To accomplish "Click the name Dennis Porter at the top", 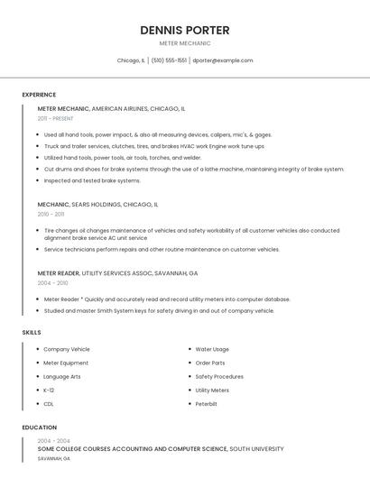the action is tap(185, 30).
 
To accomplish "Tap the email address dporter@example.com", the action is tap(222, 60).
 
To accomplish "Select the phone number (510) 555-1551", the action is tap(169, 60).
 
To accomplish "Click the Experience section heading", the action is tap(39, 95).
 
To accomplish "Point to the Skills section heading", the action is tap(32, 332).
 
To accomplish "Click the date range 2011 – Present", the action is tap(55, 118).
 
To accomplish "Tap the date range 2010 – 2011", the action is tap(51, 215).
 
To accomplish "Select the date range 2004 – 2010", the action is tap(52, 283).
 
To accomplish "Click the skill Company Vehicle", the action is tap(67, 349).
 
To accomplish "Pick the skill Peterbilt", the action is tap(207, 403).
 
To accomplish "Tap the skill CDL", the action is tap(49, 403).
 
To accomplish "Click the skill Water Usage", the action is tap(212, 349).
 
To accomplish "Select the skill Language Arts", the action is tap(62, 376).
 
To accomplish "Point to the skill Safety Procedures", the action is tap(219, 376).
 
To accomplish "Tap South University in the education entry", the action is tap(256, 448).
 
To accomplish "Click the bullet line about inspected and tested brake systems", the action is tap(92, 180).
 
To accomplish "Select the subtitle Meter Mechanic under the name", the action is tap(185, 43).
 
